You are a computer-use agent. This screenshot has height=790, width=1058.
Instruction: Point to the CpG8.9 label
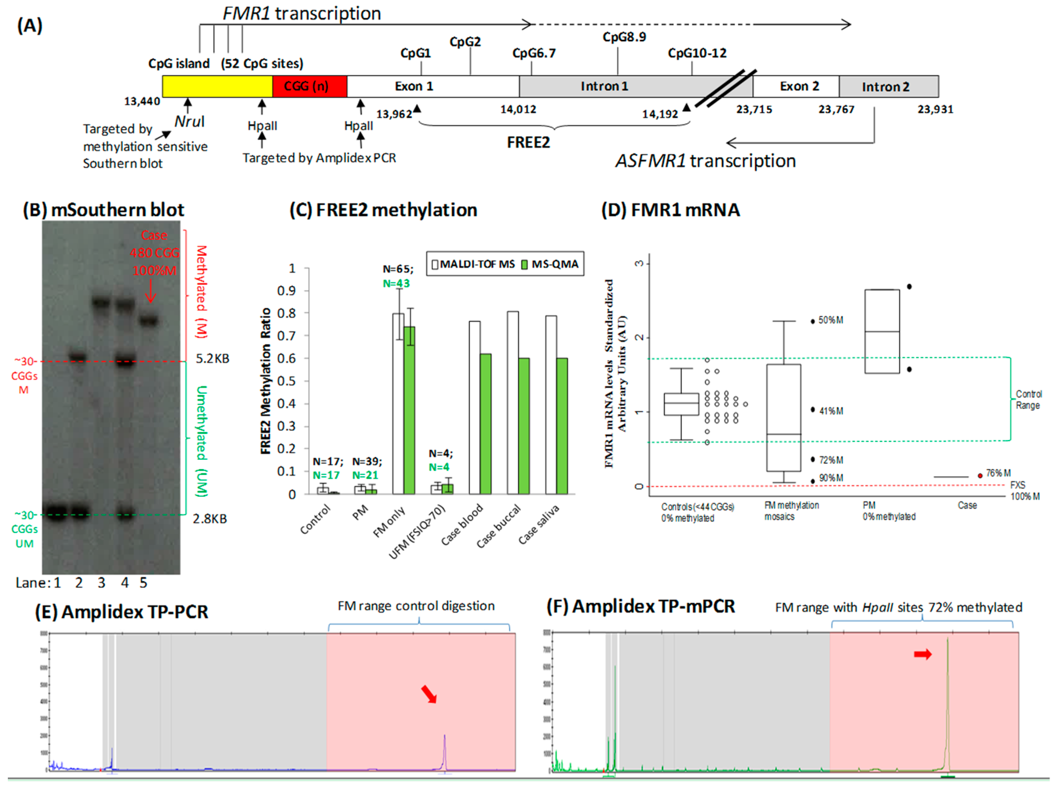coord(624,37)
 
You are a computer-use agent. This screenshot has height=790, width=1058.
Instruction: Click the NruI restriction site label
coord(189,121)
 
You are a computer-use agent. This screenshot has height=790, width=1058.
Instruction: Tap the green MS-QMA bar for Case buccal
coord(524,426)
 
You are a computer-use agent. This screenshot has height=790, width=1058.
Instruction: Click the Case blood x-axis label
coord(462,525)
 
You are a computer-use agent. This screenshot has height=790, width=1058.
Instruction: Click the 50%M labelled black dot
coord(812,321)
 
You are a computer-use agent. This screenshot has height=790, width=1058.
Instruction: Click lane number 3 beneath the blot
coord(101,583)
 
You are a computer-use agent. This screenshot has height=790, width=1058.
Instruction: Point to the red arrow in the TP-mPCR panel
coord(923,654)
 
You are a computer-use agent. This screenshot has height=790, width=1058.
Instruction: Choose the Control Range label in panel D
coord(1028,399)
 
